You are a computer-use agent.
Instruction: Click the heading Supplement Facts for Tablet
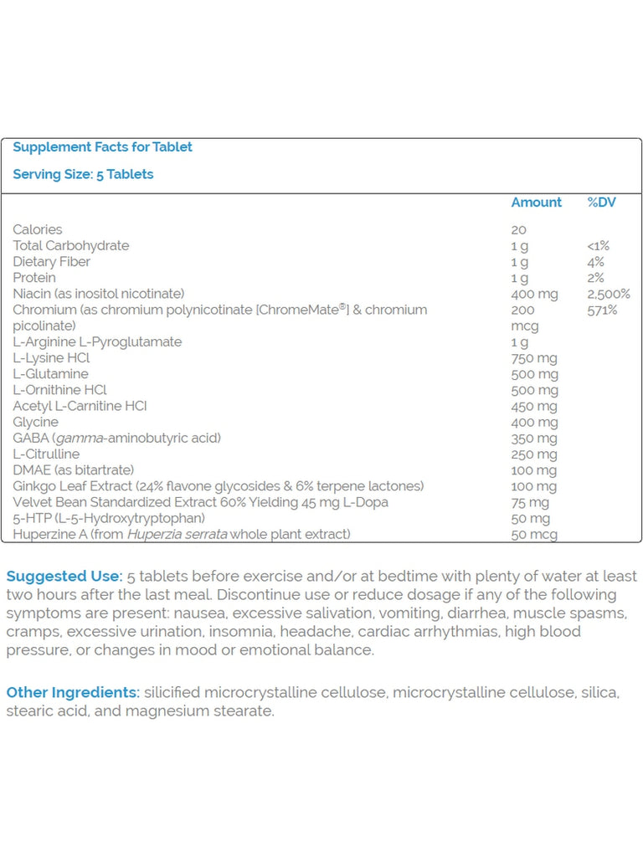coord(102,147)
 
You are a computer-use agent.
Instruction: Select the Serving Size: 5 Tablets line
coord(83,175)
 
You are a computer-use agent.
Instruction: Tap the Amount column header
coord(536,203)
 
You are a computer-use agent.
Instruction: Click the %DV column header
coord(601,203)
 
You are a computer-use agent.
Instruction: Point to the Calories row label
coord(37,229)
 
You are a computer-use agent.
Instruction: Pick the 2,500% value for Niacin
coord(609,294)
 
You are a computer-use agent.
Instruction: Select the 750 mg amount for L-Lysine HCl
coord(533,358)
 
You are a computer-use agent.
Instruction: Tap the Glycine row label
coord(35,423)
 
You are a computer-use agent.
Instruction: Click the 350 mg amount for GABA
coord(533,439)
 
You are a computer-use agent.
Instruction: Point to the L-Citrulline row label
coord(46,454)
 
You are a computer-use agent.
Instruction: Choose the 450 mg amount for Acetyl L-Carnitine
coord(533,406)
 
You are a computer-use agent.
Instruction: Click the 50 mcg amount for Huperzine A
coord(533,535)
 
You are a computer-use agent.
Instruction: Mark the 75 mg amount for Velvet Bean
coord(530,502)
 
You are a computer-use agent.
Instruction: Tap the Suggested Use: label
coord(64,577)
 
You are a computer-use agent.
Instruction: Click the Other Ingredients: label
coord(73,693)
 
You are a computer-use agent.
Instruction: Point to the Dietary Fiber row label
coord(51,262)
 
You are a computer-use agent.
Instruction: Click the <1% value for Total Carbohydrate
coord(598,246)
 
